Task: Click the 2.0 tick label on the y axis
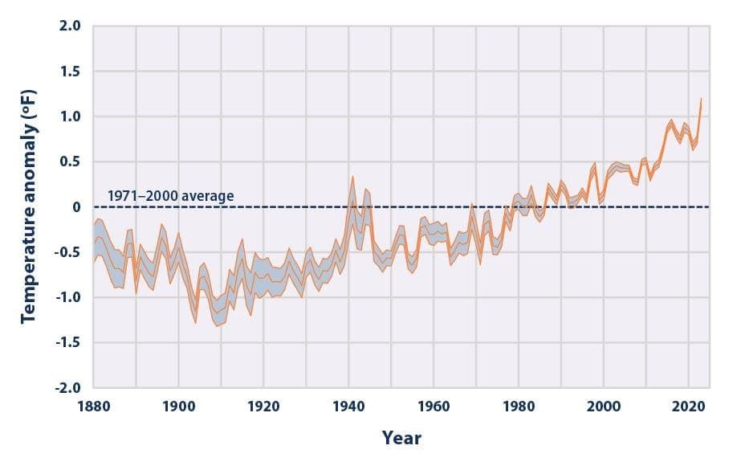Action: point(70,26)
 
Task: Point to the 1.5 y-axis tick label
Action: point(70,72)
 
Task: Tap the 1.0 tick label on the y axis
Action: point(70,117)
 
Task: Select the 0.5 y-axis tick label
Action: point(70,161)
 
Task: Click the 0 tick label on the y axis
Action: point(76,206)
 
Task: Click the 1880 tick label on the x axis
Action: point(94,407)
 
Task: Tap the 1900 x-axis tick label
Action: point(179,407)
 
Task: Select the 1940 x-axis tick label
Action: point(348,407)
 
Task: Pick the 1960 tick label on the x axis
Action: point(434,407)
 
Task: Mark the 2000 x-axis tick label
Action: point(604,407)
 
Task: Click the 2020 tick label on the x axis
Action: point(689,407)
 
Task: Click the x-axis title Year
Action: point(401,438)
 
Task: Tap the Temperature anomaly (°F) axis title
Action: point(29,206)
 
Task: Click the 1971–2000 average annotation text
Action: point(170,196)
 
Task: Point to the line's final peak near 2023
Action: point(701,99)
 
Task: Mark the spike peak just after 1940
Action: point(352,177)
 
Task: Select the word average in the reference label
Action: point(209,196)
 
